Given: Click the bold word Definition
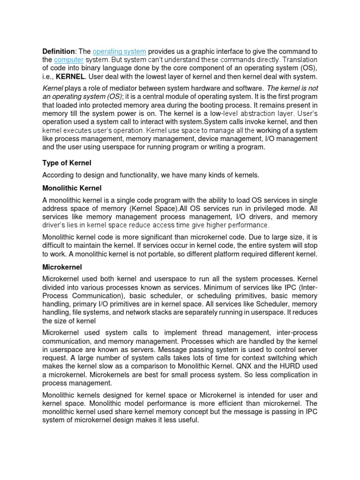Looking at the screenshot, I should tap(59, 51).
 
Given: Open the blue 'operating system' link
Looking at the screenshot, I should tap(120, 51).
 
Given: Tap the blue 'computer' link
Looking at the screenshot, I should tap(69, 60).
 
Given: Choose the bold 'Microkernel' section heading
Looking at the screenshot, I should tap(62, 267).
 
